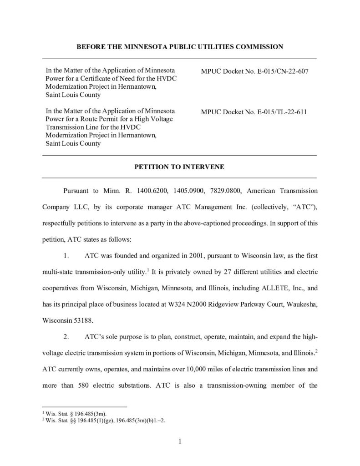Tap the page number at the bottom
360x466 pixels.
180,441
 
